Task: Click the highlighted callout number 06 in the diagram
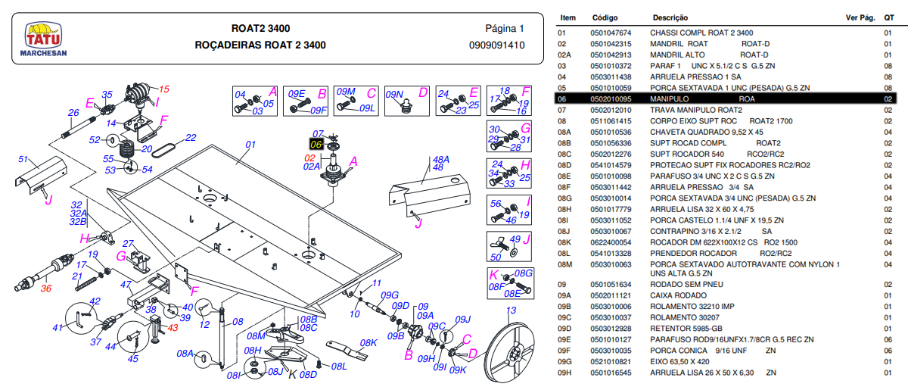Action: [x=316, y=144]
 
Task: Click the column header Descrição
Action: [x=670, y=17]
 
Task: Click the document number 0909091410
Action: [x=496, y=45]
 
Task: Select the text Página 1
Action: [x=504, y=29]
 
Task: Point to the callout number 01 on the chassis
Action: [x=251, y=144]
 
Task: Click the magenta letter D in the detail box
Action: [x=423, y=92]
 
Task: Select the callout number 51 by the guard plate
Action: [x=23, y=159]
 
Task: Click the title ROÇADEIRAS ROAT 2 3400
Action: [x=260, y=45]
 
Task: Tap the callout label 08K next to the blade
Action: [x=368, y=342]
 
